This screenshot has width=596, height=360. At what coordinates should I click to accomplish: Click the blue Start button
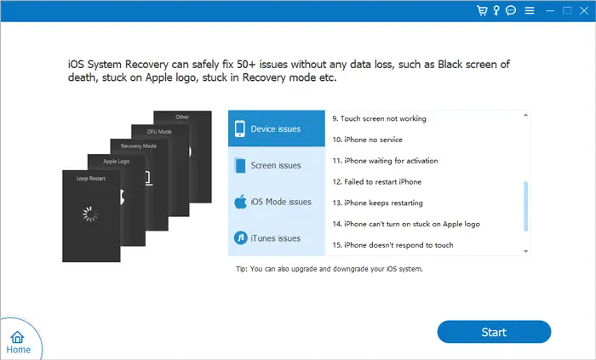[494, 332]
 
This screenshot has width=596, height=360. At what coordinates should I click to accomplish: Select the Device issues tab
[277, 129]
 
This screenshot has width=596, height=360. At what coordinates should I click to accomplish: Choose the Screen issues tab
[277, 165]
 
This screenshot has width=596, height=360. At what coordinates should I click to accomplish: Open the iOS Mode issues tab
[277, 202]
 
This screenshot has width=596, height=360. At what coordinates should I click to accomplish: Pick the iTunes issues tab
[277, 238]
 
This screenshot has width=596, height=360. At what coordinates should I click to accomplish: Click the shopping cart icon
[482, 10]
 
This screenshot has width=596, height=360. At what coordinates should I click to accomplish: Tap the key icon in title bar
[496, 10]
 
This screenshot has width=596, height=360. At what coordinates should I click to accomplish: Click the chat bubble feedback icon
[511, 10]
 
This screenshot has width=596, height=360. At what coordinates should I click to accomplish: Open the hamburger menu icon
[530, 10]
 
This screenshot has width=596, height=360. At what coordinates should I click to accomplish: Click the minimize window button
[550, 11]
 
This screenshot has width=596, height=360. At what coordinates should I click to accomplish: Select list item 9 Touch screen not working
[380, 119]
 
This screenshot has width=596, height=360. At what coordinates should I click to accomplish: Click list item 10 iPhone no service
[367, 140]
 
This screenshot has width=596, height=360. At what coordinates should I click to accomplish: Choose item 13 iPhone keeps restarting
[377, 203]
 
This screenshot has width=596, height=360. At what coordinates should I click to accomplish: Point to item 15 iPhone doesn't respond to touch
[393, 245]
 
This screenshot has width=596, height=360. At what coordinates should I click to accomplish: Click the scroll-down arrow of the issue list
[525, 251]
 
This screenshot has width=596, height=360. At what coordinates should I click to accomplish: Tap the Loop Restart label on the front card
[91, 179]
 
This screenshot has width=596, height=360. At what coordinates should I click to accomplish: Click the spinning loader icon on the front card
[90, 214]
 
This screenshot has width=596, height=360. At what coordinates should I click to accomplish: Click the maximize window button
[567, 10]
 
